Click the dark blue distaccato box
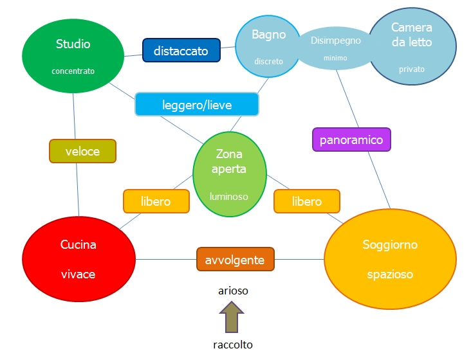click(x=181, y=51)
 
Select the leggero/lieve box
click(x=196, y=104)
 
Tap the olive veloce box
click(x=82, y=151)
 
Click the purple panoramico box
click(x=351, y=139)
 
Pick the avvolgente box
click(x=235, y=260)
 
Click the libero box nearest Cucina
click(x=156, y=201)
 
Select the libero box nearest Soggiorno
click(x=306, y=201)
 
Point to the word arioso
click(x=232, y=291)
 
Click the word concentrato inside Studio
click(x=73, y=71)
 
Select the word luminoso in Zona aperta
click(x=229, y=196)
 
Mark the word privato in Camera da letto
click(x=412, y=69)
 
